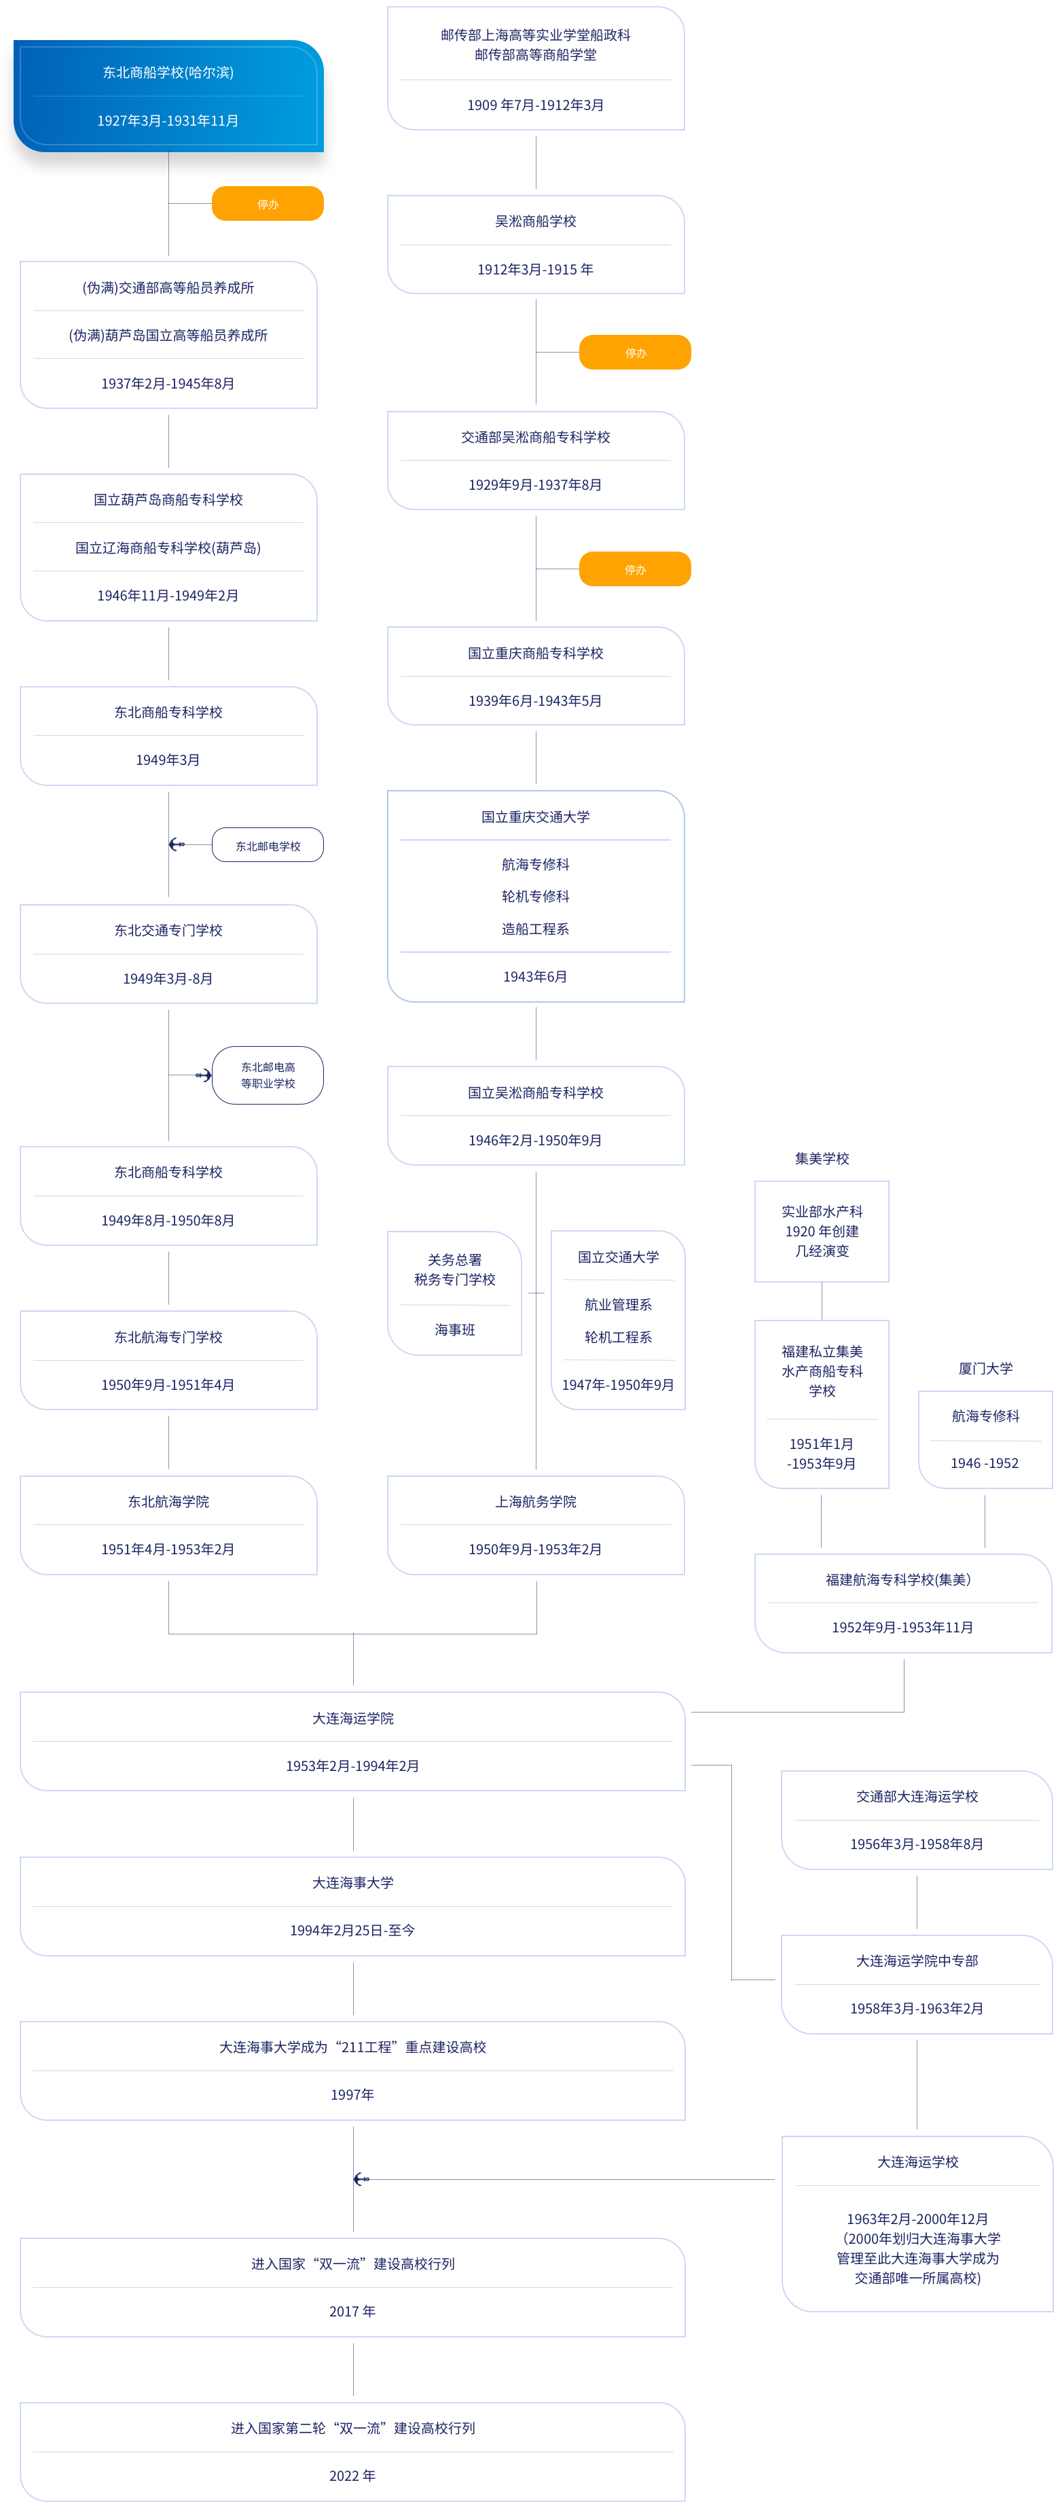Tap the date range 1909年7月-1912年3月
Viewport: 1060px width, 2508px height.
(535, 105)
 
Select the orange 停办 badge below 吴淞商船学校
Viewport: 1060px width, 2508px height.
(635, 353)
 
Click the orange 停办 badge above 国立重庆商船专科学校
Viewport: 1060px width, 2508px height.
(635, 569)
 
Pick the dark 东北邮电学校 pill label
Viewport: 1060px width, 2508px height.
(268, 846)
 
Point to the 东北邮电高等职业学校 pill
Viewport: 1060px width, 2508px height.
(268, 1075)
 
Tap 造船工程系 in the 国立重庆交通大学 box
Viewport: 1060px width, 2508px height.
(535, 929)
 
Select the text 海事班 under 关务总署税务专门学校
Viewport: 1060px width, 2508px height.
(454, 1330)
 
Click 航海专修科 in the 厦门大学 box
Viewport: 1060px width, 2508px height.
(985, 1416)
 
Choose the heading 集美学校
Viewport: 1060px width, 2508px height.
(822, 1159)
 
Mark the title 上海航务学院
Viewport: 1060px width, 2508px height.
(535, 1501)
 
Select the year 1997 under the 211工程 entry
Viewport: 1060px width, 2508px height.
(352, 2094)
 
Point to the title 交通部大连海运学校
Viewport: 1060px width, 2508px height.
(917, 1796)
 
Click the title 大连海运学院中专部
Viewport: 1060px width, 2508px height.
(917, 1961)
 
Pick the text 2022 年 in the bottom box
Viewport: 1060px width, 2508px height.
(352, 2476)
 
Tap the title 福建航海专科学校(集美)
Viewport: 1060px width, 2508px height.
(898, 1579)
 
